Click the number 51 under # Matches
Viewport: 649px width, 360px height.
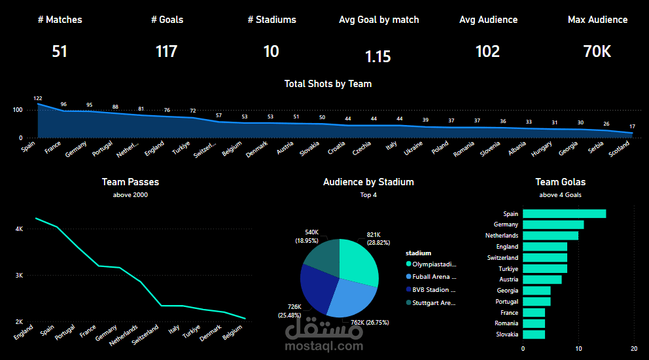point(60,51)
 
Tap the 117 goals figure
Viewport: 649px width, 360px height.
point(166,51)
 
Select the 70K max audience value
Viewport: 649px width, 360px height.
point(597,51)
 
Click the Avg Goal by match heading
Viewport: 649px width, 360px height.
point(379,20)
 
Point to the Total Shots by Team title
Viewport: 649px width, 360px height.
point(328,84)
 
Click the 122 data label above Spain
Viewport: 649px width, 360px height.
point(38,98)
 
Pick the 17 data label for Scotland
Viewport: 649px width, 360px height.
point(632,126)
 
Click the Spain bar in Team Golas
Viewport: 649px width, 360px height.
point(564,213)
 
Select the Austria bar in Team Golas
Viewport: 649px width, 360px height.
point(542,279)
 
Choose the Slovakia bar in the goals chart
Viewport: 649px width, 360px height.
point(534,334)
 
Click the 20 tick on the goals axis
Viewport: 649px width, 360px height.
point(633,348)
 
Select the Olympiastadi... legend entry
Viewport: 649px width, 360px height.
point(434,264)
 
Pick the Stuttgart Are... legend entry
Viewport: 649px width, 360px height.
point(434,302)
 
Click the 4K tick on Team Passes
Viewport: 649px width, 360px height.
point(20,229)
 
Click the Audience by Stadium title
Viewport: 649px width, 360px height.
point(368,182)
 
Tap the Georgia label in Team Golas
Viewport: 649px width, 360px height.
point(508,291)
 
